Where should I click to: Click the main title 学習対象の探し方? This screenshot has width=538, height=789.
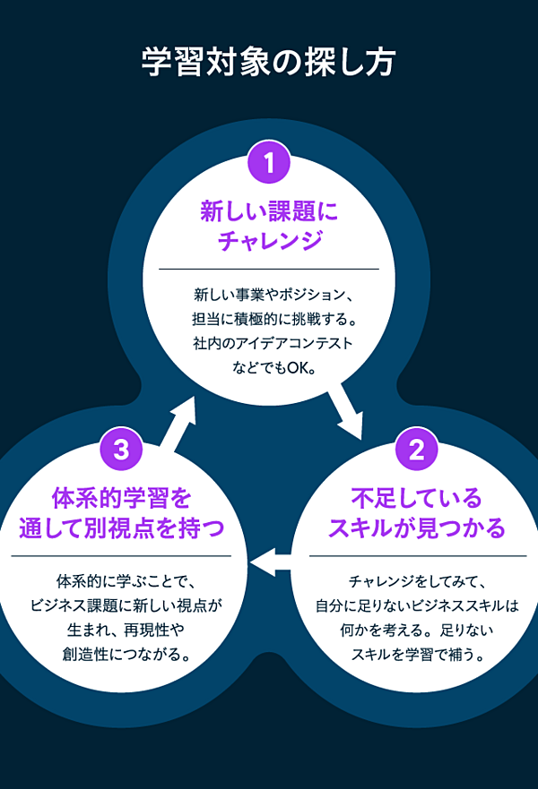point(269,64)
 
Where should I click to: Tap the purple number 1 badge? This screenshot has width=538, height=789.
point(269,163)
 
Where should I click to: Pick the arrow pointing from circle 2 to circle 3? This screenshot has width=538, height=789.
point(271,562)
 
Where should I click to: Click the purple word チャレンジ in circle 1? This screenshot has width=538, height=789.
point(269,241)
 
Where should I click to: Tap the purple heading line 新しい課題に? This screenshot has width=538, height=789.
point(269,211)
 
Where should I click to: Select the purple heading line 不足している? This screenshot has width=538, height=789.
point(416,497)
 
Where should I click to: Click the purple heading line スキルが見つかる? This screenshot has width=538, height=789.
point(416,527)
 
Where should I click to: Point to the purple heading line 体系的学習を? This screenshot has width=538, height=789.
point(122,497)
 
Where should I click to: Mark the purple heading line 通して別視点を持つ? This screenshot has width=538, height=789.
point(122,527)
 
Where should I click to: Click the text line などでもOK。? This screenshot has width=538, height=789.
point(269,367)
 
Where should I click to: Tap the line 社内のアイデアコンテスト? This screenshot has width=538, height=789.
point(269,343)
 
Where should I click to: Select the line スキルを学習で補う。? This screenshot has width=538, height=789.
point(416,654)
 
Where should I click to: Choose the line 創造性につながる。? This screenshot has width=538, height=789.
point(122,654)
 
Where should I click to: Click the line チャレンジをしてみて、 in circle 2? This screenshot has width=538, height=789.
point(416,580)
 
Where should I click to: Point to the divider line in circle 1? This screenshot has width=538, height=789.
point(269,269)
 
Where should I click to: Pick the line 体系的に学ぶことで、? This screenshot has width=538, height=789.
point(122,580)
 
